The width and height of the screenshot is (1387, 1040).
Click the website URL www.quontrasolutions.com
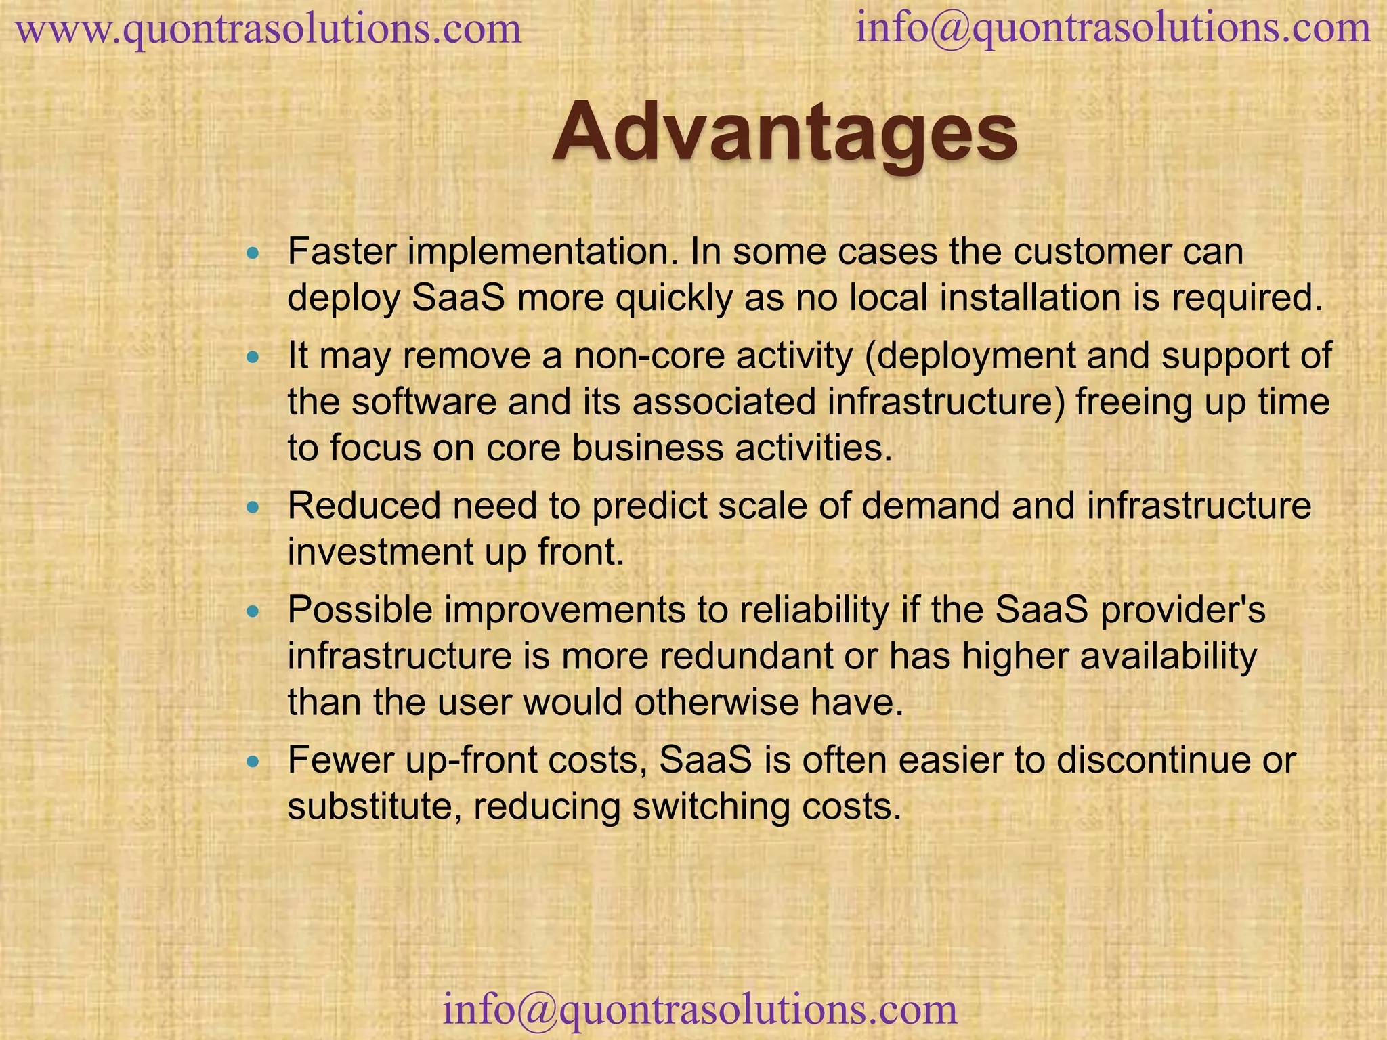coord(269,30)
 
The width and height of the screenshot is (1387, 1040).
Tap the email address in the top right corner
coord(1113,28)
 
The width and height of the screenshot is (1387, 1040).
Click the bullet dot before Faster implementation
coord(253,255)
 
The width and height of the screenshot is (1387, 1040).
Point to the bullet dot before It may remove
coord(253,357)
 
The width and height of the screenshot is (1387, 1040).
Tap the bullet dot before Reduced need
coord(253,508)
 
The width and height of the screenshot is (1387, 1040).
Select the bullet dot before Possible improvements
coord(253,611)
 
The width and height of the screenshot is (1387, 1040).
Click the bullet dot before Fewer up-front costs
coord(253,762)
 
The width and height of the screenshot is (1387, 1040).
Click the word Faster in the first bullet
coord(341,252)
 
